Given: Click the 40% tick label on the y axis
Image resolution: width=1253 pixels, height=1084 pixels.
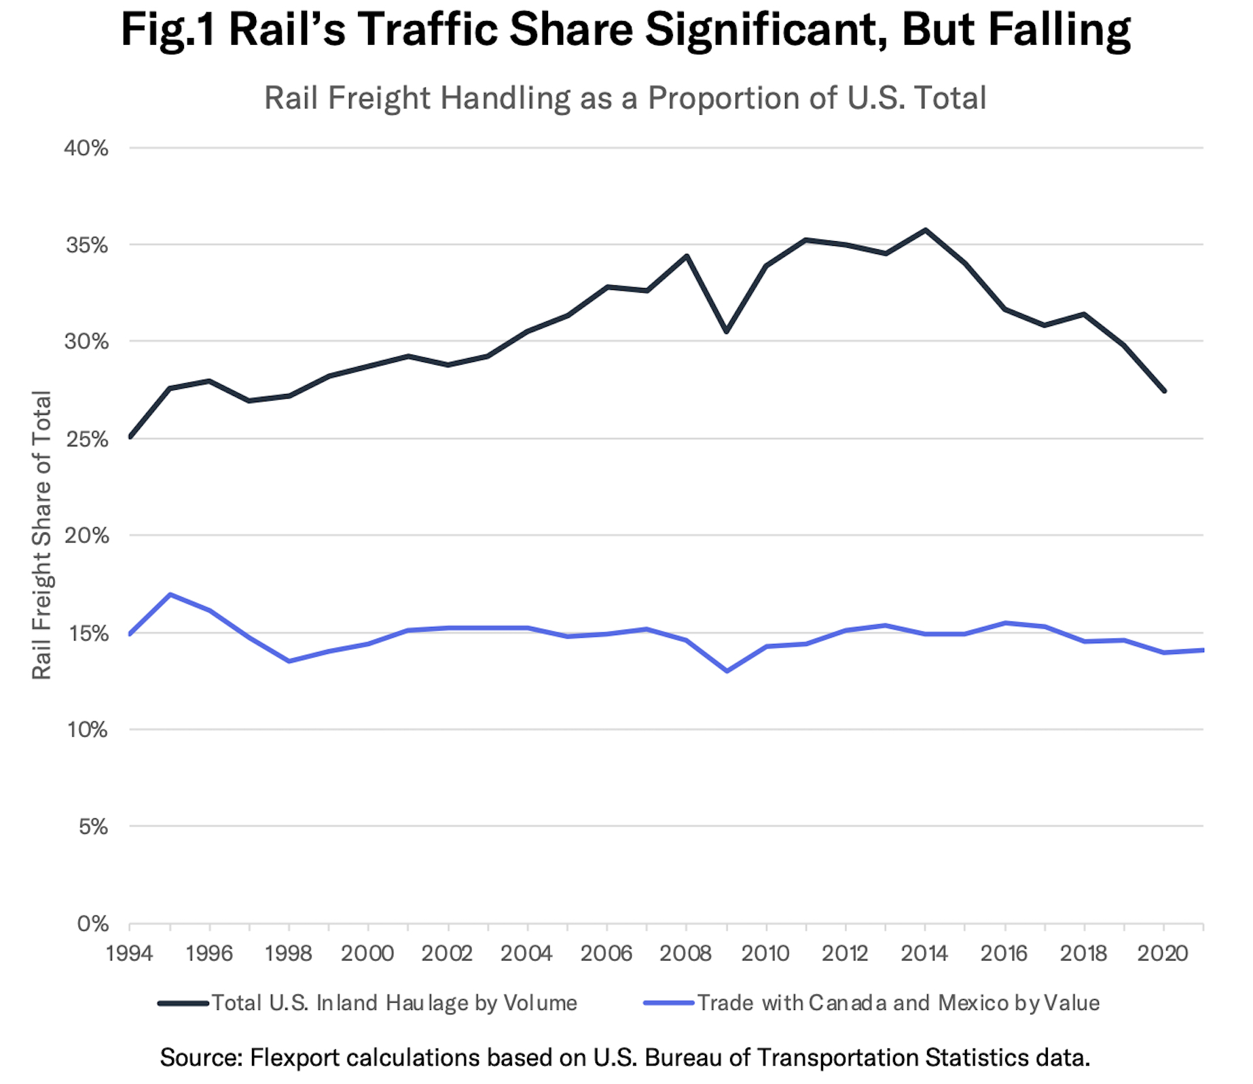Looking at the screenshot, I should pos(86,148).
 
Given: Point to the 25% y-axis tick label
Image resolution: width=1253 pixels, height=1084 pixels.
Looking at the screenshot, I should pos(86,439).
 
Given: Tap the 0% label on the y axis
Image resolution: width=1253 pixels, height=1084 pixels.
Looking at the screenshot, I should pos(92,924).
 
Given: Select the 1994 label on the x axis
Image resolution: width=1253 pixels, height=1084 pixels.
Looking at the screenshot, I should pos(129,954).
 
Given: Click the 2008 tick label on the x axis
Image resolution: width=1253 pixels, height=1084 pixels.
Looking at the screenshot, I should pos(686,954).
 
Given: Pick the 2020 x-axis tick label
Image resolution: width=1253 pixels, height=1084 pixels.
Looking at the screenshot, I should pos(1163,954).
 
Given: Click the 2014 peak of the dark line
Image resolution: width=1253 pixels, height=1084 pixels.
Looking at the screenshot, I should pos(926,230).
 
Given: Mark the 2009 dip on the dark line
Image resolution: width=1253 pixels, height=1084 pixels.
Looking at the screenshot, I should pos(727,331).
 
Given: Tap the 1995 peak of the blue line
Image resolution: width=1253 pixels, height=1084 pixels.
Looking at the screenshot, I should pos(170,595).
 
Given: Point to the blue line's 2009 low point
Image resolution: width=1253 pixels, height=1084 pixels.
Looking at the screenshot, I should pos(727,671).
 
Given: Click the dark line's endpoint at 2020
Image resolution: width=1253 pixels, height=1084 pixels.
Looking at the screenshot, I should pos(1165,391).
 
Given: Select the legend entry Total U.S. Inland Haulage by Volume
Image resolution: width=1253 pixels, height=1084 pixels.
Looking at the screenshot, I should pos(394,1003).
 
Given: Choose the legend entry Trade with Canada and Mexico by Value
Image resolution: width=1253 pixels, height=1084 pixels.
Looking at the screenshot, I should pos(898,1003).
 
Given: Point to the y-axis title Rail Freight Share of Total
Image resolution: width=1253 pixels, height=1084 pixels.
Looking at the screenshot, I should pos(42,535).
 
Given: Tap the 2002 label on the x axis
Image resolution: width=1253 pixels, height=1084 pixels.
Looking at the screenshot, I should pos(447,954).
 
